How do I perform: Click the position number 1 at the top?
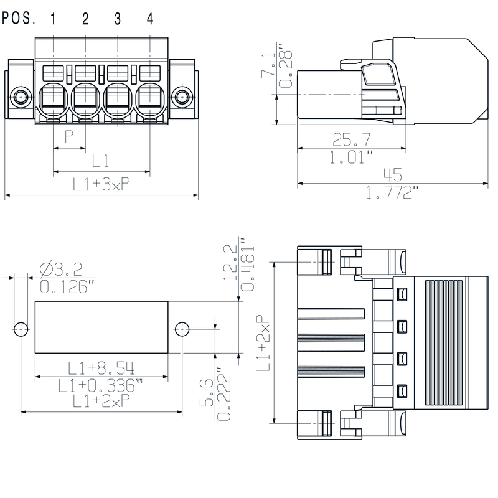click(x=53, y=19)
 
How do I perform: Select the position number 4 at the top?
click(x=150, y=19)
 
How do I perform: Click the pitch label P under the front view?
click(x=70, y=136)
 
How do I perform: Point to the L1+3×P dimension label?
click(x=101, y=184)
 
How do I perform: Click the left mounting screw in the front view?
click(x=22, y=97)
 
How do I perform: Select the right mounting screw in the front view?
click(x=182, y=97)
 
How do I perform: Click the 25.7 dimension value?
click(x=352, y=138)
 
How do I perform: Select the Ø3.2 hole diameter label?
click(x=60, y=270)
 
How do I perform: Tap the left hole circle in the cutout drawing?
click(x=22, y=329)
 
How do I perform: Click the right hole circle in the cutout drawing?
click(x=182, y=329)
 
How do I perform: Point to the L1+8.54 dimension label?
click(x=101, y=367)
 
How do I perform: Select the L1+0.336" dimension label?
click(x=101, y=385)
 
